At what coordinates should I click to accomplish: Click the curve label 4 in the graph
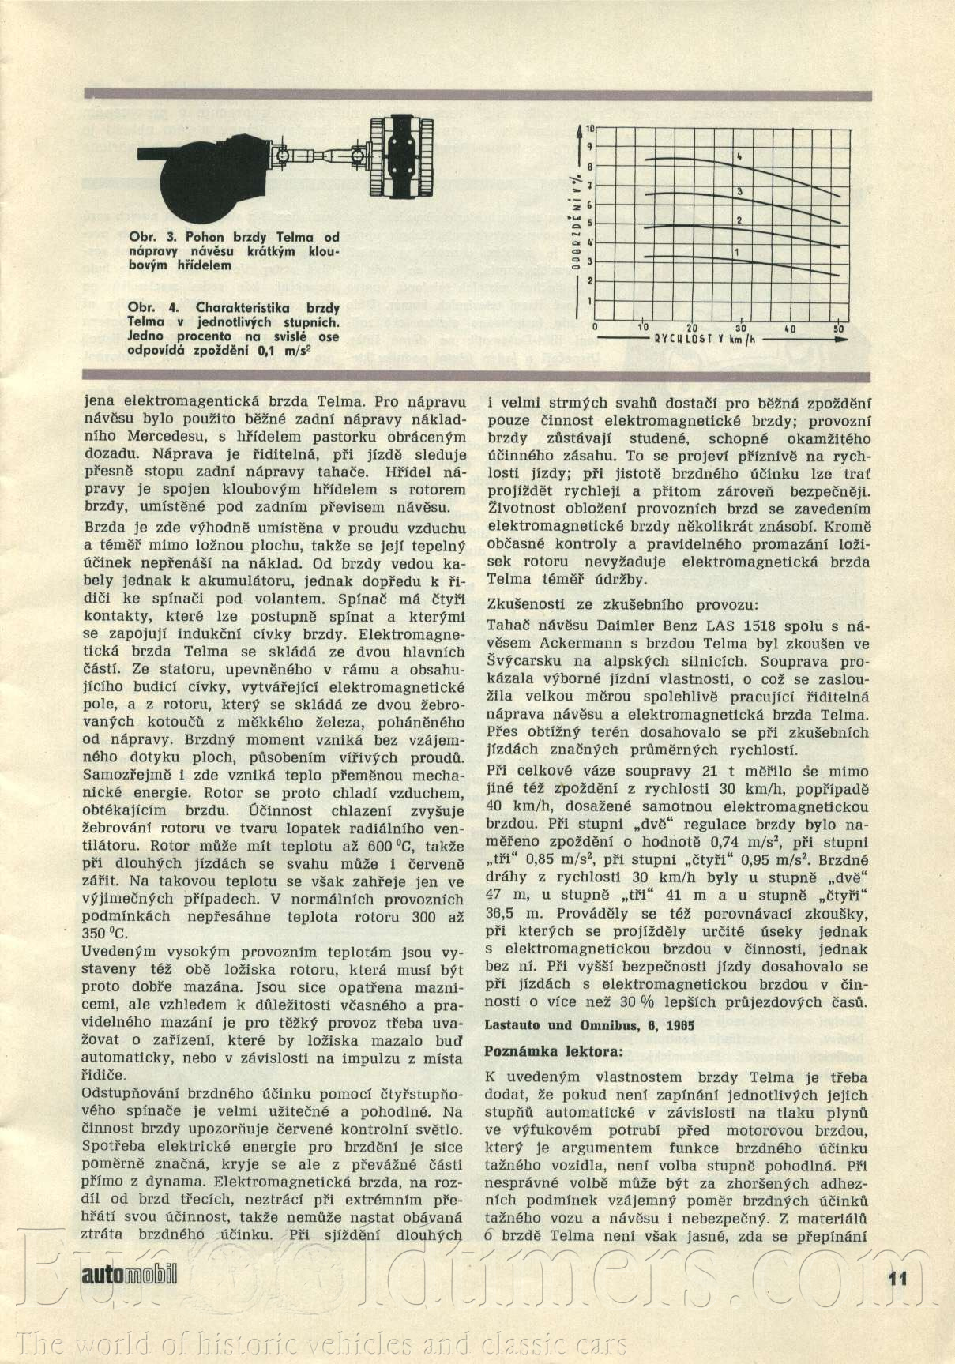pyautogui.click(x=739, y=157)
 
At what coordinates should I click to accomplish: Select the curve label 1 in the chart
pyautogui.click(x=735, y=252)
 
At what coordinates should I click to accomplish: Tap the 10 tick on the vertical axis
pyautogui.click(x=590, y=127)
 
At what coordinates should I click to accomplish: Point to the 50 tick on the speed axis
pyautogui.click(x=838, y=329)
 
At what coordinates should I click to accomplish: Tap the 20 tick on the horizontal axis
pyautogui.click(x=692, y=329)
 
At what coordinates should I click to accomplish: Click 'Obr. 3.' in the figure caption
pyautogui.click(x=146, y=237)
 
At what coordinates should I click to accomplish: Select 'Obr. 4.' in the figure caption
pyautogui.click(x=146, y=307)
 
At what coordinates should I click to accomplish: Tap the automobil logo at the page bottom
pyautogui.click(x=129, y=1273)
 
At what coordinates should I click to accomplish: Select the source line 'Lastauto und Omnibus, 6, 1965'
pyautogui.click(x=588, y=1025)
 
